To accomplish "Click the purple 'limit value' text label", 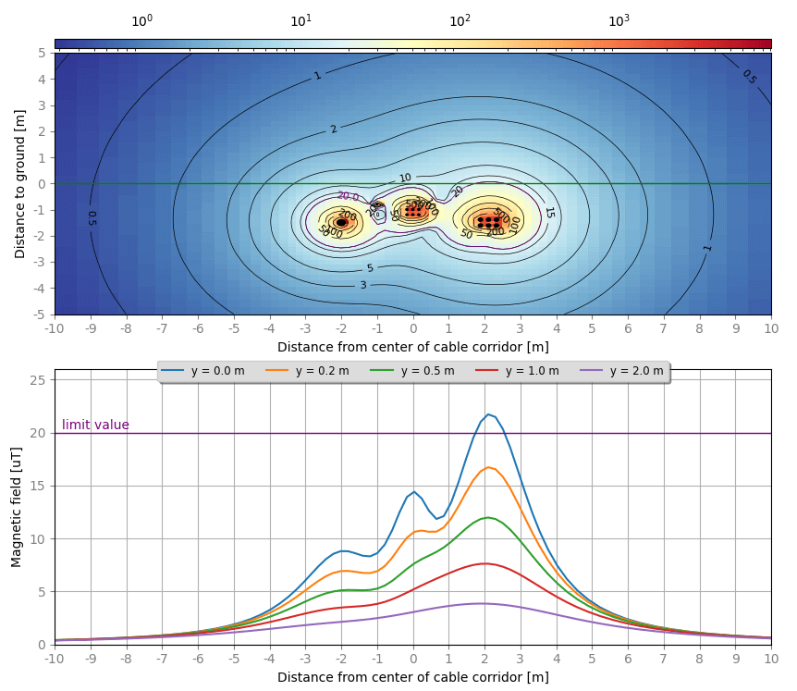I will point(95,426).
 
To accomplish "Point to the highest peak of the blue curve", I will point(488,414).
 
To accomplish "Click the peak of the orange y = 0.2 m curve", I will point(488,467).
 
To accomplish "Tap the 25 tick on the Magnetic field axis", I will point(41,380).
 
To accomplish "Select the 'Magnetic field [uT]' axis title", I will point(17,507).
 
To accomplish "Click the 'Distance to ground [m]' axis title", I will point(19,183).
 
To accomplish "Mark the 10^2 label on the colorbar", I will point(460,21).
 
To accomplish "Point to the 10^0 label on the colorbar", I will point(141,21).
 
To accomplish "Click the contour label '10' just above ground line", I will point(405,178).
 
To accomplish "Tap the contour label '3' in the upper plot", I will point(363,285).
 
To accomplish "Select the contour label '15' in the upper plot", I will point(549,212).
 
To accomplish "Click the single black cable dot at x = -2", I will point(341,223).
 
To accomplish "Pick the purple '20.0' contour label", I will point(348,196).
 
